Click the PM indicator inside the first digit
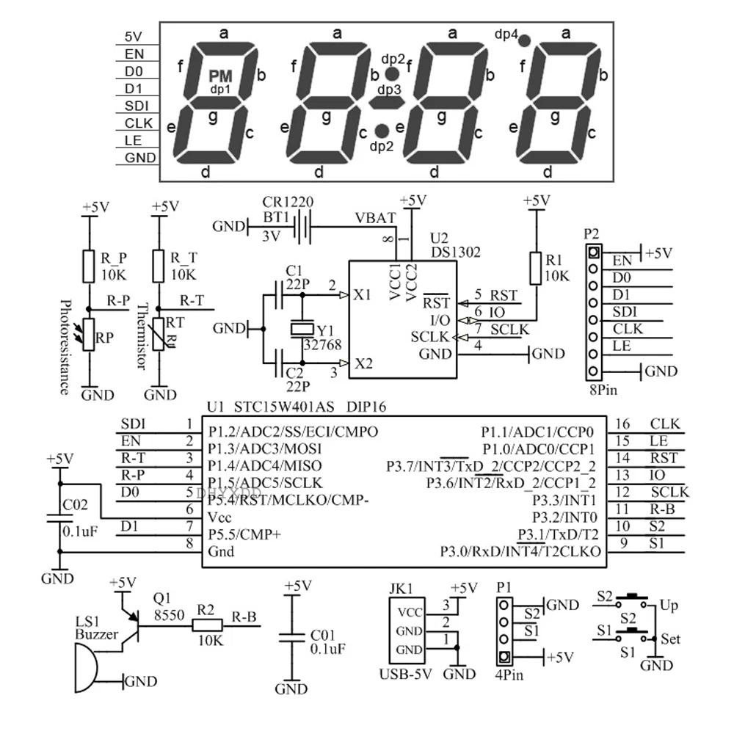220,76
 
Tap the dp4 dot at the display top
524,40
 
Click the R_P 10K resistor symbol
89,266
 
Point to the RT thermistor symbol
159,334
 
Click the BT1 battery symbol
302,227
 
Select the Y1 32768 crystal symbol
302,329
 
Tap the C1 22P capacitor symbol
280,295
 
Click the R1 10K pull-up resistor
536,268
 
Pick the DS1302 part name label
456,252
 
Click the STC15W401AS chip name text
283,407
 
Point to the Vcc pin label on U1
219,517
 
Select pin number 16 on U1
622,424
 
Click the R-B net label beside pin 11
662,509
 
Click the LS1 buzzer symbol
87,668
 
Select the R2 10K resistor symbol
208,625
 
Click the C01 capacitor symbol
291,638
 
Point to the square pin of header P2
593,252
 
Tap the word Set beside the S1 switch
670,639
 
